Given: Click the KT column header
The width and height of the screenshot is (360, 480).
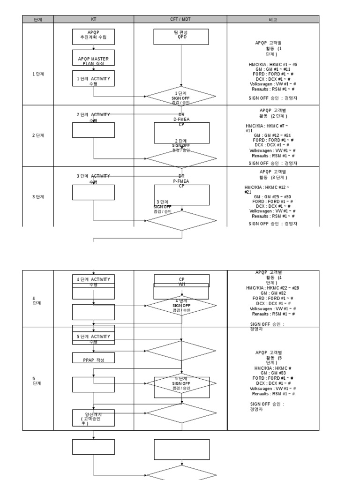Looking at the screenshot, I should pos(93,19).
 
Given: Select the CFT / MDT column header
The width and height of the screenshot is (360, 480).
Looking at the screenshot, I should pos(180,19).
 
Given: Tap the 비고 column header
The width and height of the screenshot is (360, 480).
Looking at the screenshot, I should pos(273,19).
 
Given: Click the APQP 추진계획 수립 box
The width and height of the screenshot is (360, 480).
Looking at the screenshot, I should pos(93,35).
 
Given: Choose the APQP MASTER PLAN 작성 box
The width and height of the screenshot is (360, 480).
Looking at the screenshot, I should pos(93,60).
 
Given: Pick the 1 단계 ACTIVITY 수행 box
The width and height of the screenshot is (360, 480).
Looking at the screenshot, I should pos(93,79).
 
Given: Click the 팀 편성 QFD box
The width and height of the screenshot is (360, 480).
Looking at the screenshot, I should pos(181,35).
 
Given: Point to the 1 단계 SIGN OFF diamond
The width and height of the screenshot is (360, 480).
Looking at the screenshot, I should pos(181,97).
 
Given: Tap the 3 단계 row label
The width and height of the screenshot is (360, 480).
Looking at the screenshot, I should pos(37,197).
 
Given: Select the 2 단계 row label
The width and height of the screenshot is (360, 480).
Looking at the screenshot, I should pos(37,135).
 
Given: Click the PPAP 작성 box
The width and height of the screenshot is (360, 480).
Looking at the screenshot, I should pos(93,360).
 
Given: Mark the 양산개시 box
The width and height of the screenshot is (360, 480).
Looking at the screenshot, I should pos(93,418).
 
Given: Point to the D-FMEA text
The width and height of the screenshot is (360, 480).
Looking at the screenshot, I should pos(181,120).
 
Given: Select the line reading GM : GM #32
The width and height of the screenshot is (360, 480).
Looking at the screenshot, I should pos(272,293).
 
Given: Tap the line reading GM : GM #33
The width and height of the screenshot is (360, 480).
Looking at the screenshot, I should pos(272,373).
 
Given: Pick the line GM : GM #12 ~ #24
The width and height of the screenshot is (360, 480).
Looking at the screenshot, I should pos(272,135).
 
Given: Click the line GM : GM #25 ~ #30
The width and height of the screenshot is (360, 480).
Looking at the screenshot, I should pos(272,196).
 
